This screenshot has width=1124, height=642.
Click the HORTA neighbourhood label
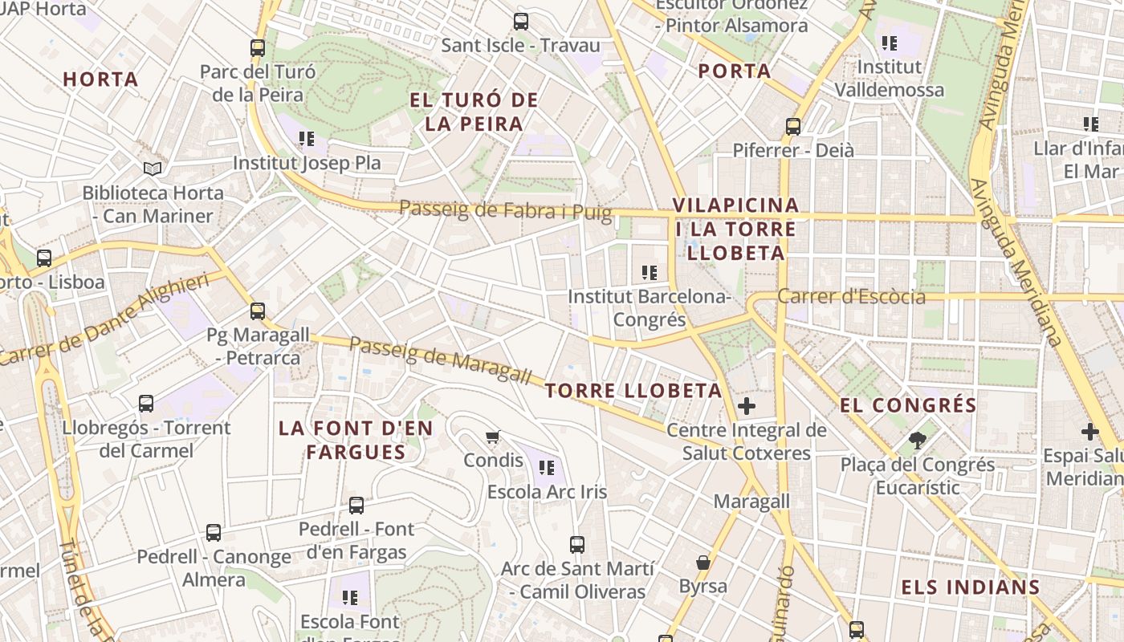point(100,79)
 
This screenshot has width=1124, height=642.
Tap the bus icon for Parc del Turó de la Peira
point(257,48)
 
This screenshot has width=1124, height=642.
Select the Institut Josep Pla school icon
point(306,139)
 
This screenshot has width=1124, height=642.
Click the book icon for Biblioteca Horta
point(153,169)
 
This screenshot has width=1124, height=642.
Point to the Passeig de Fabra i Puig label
point(505,211)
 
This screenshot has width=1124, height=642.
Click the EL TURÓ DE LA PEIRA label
point(474,112)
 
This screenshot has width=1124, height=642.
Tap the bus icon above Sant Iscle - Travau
point(521,22)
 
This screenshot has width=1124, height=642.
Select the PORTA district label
point(734,71)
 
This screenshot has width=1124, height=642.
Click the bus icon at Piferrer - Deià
point(793,127)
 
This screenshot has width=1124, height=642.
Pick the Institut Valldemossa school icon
point(889,43)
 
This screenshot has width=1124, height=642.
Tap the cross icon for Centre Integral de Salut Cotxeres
point(747,406)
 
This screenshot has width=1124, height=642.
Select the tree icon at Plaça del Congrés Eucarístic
point(918,440)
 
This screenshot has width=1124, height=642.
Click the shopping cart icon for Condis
point(493,437)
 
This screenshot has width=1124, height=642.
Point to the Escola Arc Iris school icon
point(548,467)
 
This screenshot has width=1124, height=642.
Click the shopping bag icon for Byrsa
point(703,563)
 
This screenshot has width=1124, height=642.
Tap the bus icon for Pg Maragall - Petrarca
point(257,311)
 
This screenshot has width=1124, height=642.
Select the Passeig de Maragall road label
point(441,360)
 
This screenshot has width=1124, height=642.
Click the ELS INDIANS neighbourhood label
point(970,587)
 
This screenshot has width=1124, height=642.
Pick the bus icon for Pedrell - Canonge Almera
point(214,532)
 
